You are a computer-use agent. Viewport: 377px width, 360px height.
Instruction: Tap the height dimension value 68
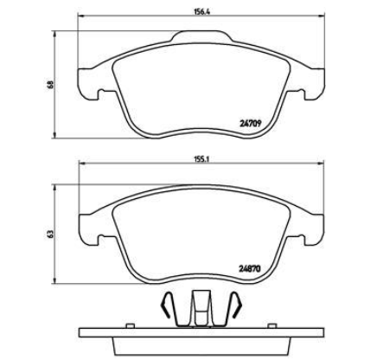(51, 85)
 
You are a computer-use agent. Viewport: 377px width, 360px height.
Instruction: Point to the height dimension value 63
(51, 234)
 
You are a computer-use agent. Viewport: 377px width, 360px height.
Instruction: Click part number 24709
(251, 124)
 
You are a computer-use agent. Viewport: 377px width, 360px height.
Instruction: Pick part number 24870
(250, 268)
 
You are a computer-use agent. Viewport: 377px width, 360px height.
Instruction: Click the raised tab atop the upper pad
(202, 36)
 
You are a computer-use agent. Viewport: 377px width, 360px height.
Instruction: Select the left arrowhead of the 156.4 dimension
(81, 16)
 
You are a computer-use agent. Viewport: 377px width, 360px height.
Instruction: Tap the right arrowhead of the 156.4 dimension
(321, 16)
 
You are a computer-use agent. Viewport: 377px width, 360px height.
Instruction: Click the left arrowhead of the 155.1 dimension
(82, 164)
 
